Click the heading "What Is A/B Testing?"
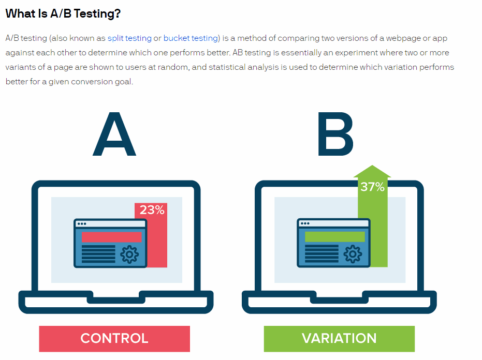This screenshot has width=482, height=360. tap(63, 14)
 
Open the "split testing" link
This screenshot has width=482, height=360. tap(129, 38)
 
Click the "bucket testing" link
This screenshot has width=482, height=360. tap(191, 38)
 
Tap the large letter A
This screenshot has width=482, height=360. tap(114, 134)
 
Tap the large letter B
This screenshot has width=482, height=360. tap(335, 134)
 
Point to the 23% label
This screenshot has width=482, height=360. tap(152, 210)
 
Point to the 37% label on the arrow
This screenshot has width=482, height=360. tap(372, 187)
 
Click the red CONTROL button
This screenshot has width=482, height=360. tap(114, 338)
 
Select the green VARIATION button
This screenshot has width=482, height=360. tap(339, 338)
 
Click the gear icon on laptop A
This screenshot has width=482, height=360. tap(130, 254)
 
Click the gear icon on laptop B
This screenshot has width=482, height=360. tap(353, 254)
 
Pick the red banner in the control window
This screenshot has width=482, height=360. tap(112, 237)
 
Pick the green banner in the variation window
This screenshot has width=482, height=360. tap(335, 237)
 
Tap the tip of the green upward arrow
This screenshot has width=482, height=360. tap(372, 165)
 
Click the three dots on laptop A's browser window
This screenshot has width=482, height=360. tap(82, 223)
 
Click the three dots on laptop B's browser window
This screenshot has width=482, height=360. tap(305, 223)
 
